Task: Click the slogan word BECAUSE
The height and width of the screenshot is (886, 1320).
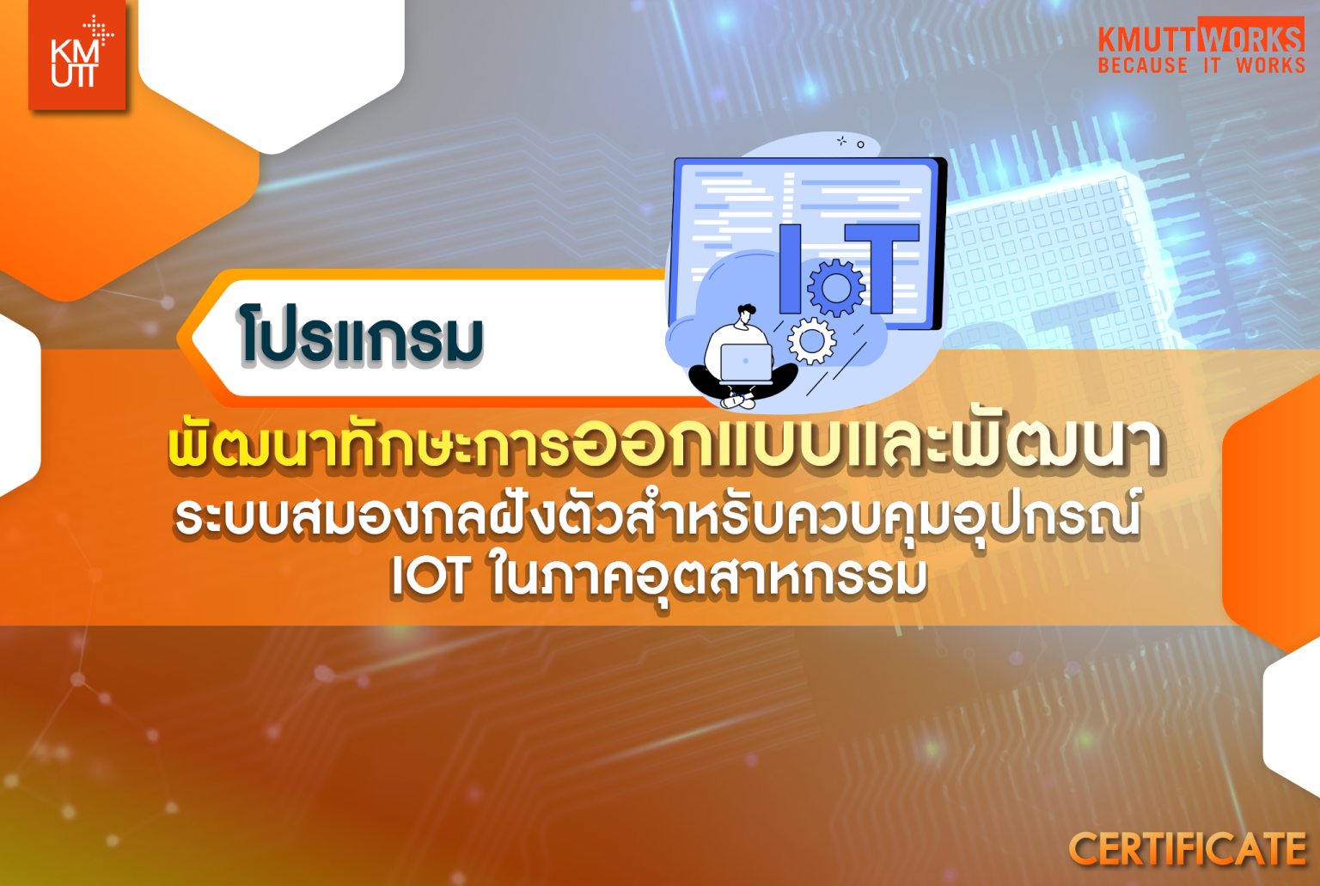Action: (1142, 66)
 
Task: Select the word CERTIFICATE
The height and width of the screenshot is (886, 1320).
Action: (1187, 849)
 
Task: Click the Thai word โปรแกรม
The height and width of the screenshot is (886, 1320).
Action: (361, 337)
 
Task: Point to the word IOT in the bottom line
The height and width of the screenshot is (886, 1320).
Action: (431, 576)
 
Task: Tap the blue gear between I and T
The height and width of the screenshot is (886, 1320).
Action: (835, 286)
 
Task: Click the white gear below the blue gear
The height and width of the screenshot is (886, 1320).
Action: (811, 340)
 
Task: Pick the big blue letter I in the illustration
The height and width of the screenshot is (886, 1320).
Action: (790, 268)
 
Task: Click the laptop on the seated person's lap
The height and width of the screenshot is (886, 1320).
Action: (744, 362)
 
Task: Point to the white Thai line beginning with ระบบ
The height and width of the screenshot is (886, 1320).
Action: (657, 516)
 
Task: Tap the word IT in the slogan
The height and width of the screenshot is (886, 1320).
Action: (1212, 66)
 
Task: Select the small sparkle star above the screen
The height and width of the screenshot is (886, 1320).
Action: (842, 141)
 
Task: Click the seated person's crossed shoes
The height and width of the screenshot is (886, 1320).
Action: (738, 400)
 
